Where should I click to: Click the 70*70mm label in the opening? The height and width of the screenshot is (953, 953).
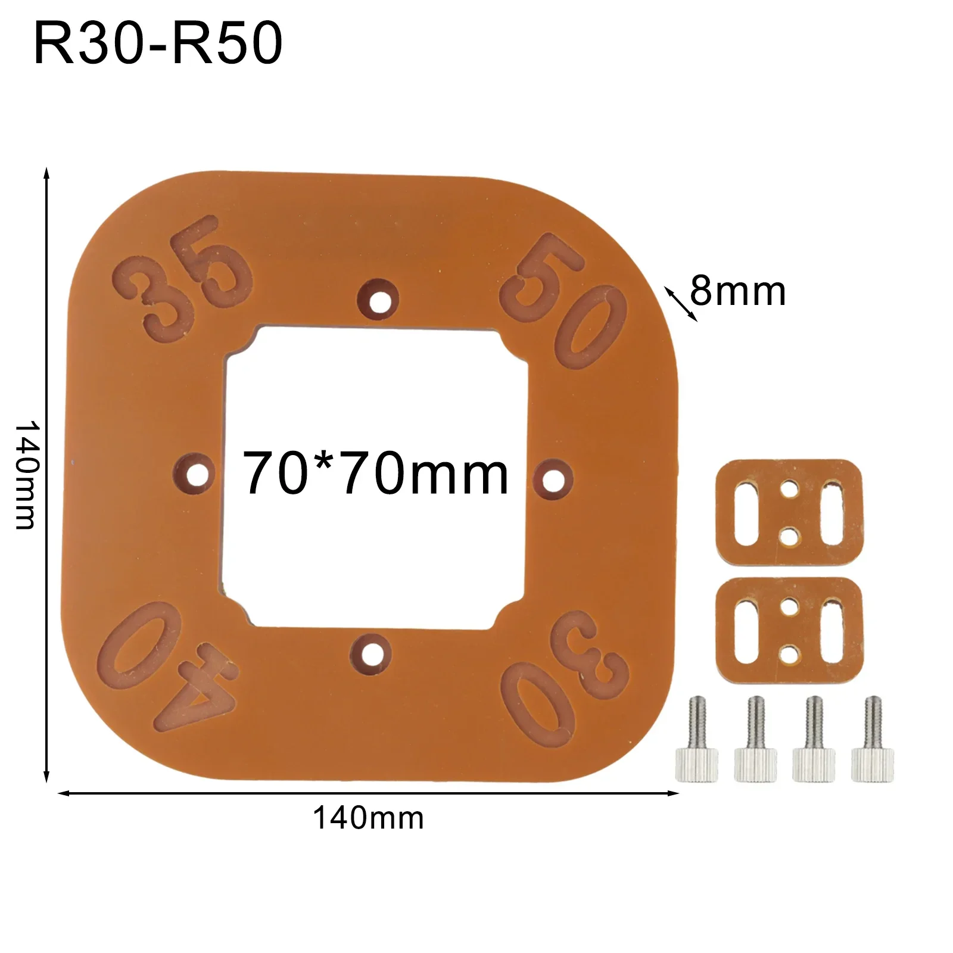[x=375, y=474]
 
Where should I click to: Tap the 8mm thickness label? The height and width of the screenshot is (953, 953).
[x=737, y=292]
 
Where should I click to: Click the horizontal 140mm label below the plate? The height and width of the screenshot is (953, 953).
[x=368, y=818]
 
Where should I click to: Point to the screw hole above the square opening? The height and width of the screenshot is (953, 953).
[x=376, y=301]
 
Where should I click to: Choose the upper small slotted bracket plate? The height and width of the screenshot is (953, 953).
[x=790, y=512]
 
